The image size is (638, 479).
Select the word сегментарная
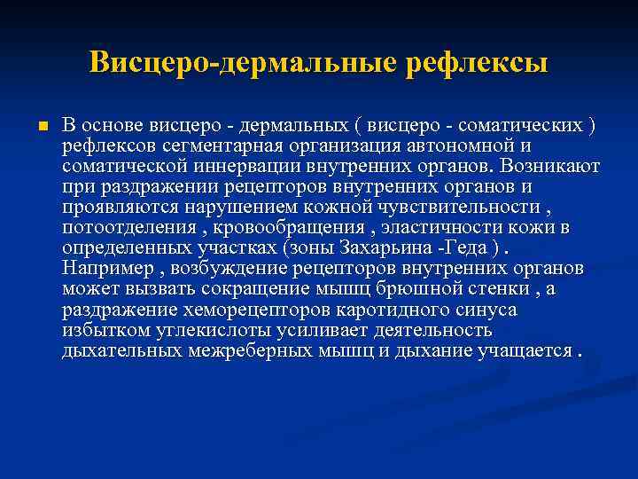(229, 145)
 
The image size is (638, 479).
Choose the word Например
(105, 268)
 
